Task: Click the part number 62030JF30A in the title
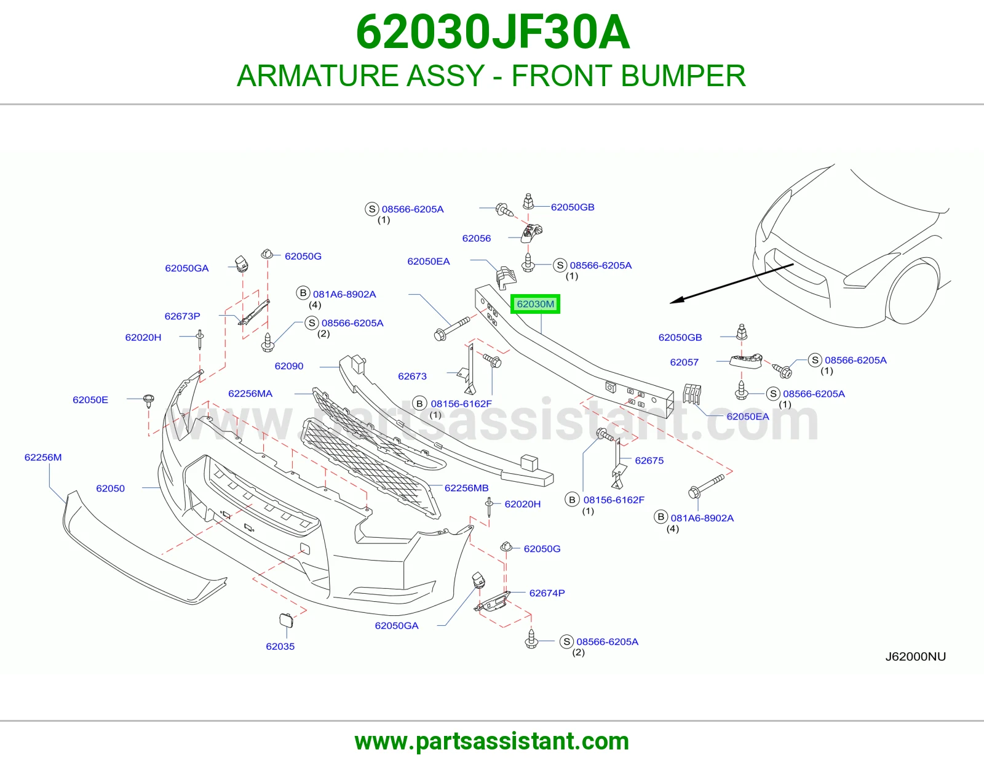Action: (493, 32)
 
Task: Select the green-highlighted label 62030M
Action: (535, 304)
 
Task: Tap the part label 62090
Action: (289, 366)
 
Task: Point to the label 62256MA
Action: (250, 394)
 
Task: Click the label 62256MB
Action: (466, 488)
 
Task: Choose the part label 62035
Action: (280, 647)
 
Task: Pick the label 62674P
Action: (547, 593)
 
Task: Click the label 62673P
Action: (182, 316)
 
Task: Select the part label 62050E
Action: (90, 399)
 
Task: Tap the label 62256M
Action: (43, 457)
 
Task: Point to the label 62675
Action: (649, 460)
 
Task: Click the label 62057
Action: (684, 362)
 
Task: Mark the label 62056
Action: (477, 238)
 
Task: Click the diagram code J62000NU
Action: (916, 657)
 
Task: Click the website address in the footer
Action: (492, 741)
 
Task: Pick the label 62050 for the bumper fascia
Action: (111, 489)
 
